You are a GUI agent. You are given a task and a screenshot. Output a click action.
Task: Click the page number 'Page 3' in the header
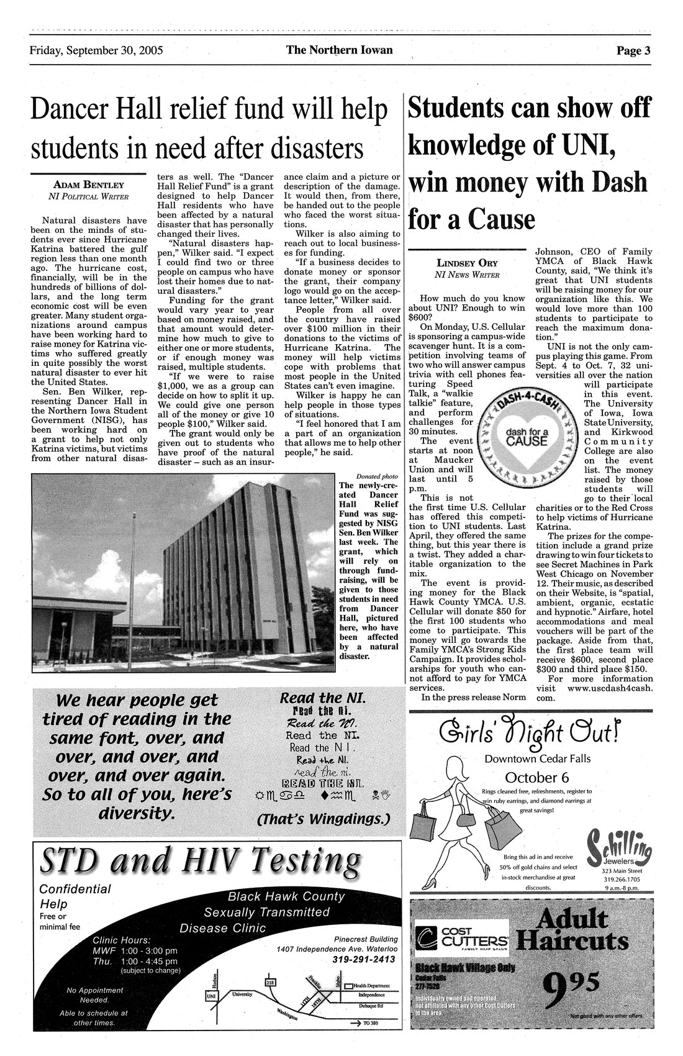(633, 51)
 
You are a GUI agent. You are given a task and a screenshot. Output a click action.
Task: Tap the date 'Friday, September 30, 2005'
(96, 51)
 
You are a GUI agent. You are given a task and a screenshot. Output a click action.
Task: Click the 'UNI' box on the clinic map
(210, 996)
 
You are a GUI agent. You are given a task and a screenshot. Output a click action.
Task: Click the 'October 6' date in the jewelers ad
(538, 778)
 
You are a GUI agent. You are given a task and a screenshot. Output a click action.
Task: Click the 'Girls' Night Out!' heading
(530, 734)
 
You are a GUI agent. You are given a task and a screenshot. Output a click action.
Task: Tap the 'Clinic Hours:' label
(122, 939)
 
